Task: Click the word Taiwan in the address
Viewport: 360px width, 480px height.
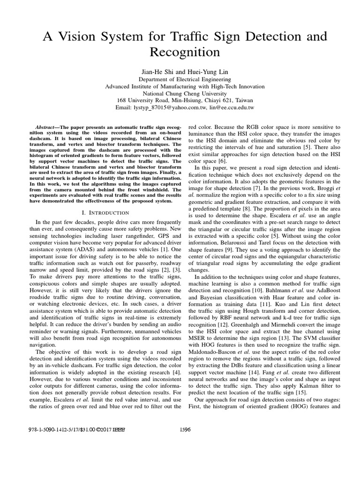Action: coord(243,100)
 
